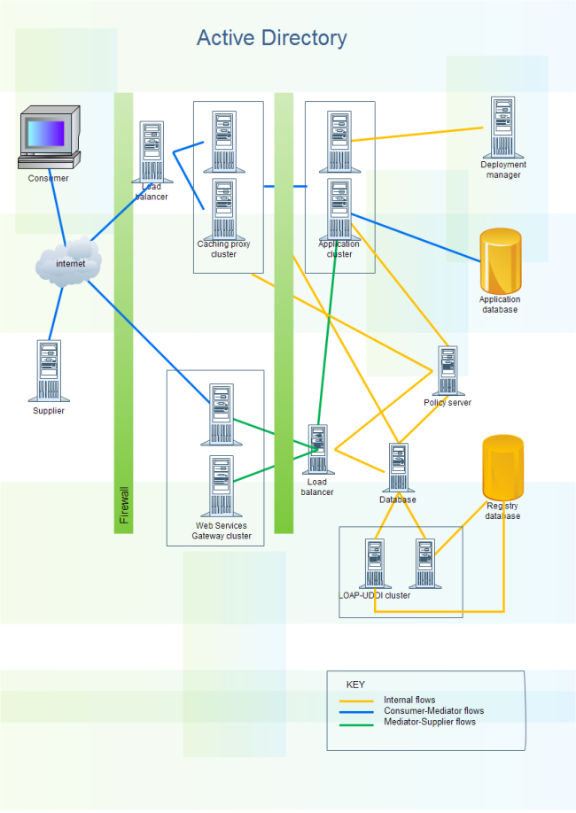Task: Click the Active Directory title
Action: point(271,38)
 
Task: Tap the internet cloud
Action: point(69,263)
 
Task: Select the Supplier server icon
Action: point(49,371)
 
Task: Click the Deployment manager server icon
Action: point(503,128)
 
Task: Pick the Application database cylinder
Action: point(500,261)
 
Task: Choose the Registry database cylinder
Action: point(502,467)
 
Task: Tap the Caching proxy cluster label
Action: point(223,249)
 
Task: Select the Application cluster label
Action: point(339,249)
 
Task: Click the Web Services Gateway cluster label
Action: point(222,530)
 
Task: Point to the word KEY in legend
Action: point(354,685)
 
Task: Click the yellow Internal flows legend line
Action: point(356,701)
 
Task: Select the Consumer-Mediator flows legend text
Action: point(433,710)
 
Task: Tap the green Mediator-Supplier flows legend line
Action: point(356,723)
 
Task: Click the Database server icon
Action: point(398,468)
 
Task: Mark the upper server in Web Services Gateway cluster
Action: point(222,414)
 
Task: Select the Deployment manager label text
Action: point(503,169)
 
